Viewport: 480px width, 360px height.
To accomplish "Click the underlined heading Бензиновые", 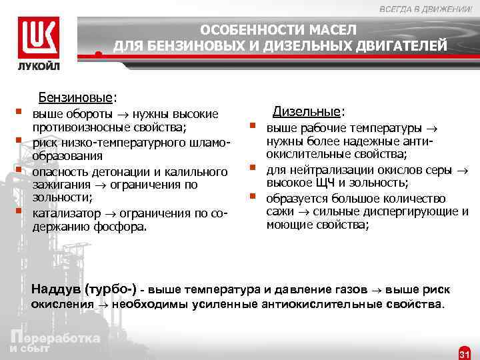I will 75,97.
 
